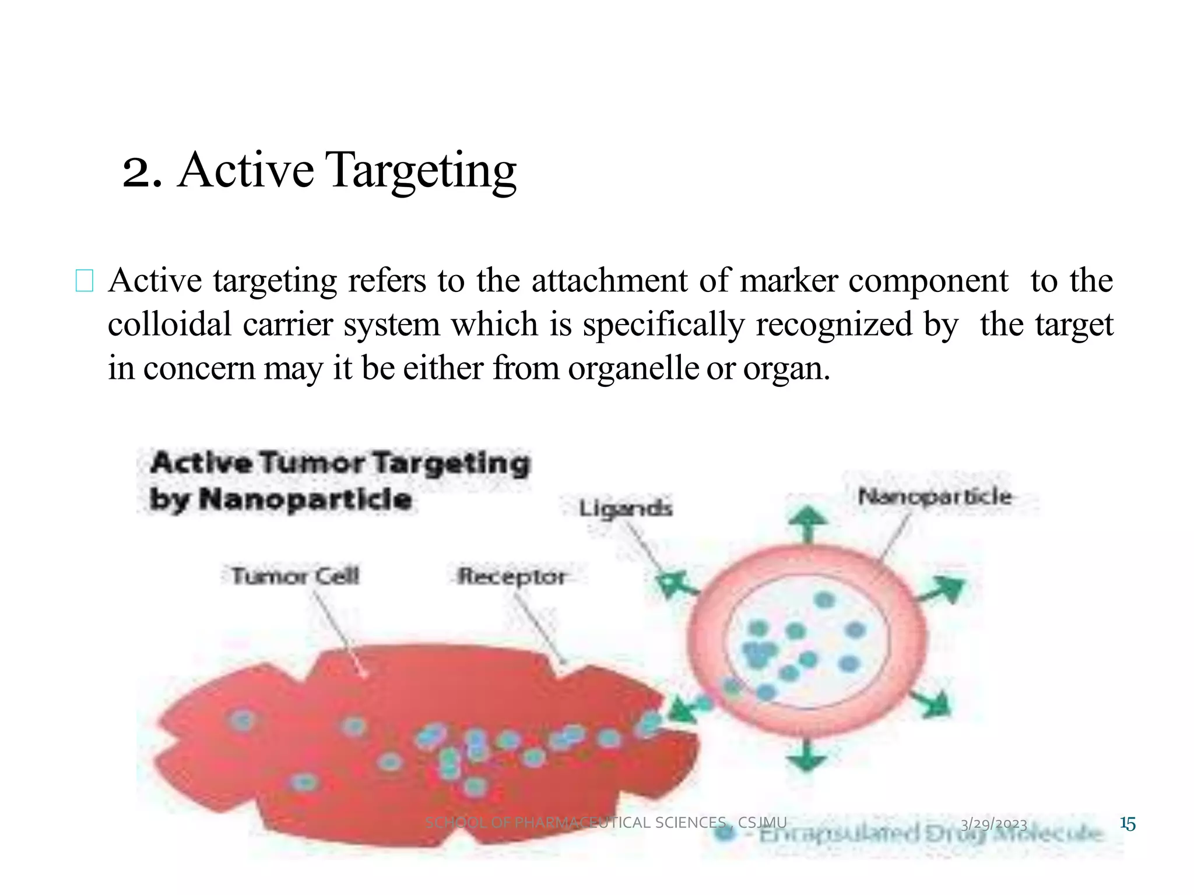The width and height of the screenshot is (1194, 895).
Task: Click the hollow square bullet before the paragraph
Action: pyautogui.click(x=85, y=281)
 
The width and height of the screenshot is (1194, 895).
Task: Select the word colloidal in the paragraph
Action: pyautogui.click(x=170, y=324)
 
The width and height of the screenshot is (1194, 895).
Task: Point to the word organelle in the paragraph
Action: pyautogui.click(x=633, y=368)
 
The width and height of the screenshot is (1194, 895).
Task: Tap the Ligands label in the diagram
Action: pyautogui.click(x=625, y=509)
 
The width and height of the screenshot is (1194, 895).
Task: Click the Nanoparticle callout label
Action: pyautogui.click(x=935, y=497)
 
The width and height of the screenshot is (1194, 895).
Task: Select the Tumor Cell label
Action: pyautogui.click(x=295, y=576)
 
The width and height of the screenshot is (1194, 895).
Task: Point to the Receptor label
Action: pyautogui.click(x=511, y=576)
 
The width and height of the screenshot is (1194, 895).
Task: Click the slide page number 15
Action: pyautogui.click(x=1128, y=823)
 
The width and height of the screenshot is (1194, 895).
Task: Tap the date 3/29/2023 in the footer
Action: pyautogui.click(x=993, y=823)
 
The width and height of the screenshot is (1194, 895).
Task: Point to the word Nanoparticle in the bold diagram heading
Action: pyautogui.click(x=305, y=500)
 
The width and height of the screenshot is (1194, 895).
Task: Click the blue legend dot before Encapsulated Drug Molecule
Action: pyautogui.click(x=725, y=833)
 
